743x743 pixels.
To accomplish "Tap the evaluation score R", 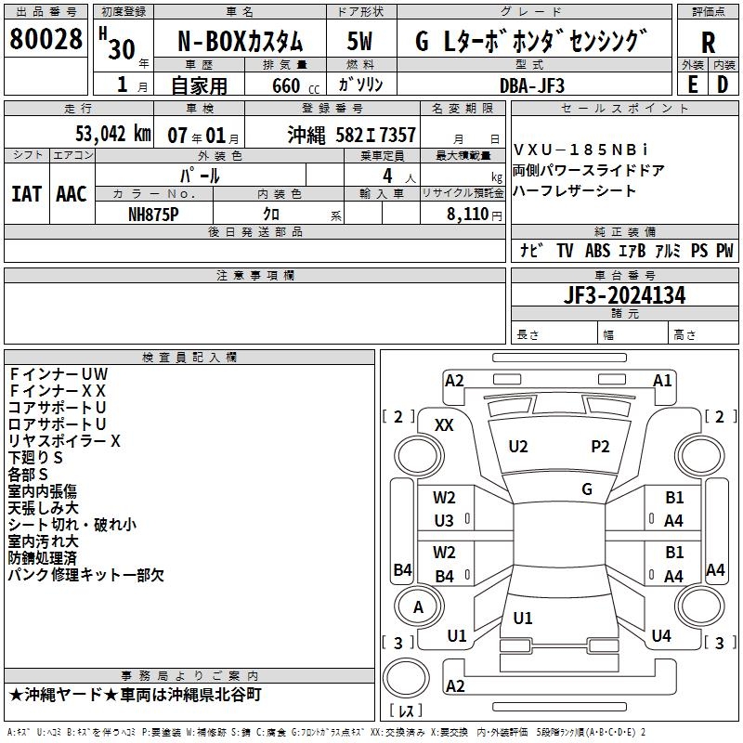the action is tap(708, 42).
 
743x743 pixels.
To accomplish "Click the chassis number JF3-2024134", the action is tap(625, 296).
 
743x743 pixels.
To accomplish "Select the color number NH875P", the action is tap(154, 213).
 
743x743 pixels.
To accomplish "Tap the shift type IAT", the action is tap(27, 193).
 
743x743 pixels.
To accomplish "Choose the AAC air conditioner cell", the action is tap(72, 193).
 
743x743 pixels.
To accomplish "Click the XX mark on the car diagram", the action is tap(445, 424).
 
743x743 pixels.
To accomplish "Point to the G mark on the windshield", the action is tap(587, 489).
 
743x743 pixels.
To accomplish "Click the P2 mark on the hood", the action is tap(601, 446).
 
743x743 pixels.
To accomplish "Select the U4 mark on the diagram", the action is tap(661, 635).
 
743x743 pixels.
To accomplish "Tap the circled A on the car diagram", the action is tap(418, 607).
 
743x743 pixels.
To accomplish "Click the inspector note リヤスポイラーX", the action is tap(64, 441).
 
